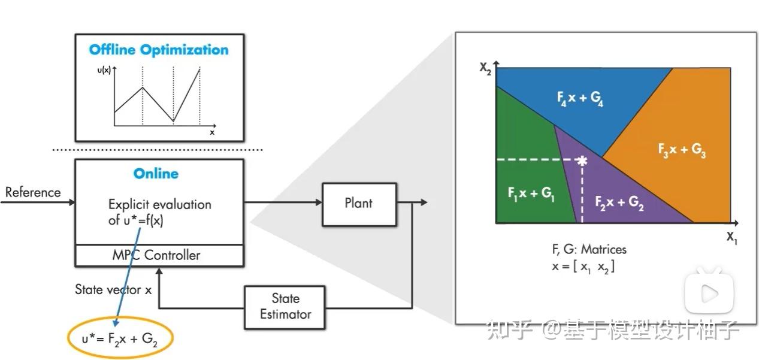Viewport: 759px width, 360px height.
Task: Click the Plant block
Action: point(359,204)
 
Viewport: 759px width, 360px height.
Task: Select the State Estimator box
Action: point(285,306)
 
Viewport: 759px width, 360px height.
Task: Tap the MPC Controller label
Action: point(156,255)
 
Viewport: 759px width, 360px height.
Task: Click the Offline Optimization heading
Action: point(159,50)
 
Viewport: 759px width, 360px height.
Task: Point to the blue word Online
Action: point(156,174)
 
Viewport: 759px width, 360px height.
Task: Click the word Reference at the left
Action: point(33,192)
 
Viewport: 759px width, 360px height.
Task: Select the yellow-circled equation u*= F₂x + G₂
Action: point(119,339)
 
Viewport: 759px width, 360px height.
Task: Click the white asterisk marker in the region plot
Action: point(581,160)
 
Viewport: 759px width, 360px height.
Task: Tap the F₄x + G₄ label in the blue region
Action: point(580,97)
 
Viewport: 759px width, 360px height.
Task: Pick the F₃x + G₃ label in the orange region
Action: point(682,150)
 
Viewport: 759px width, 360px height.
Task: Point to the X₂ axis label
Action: point(486,68)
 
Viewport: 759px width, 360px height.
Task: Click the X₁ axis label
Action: point(733,237)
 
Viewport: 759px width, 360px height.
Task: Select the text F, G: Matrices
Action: point(589,249)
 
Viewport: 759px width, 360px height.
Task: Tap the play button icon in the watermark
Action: point(709,293)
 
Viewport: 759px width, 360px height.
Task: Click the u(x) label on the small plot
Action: point(103,71)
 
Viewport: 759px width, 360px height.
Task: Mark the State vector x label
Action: point(113,289)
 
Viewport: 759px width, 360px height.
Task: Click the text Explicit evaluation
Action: point(159,204)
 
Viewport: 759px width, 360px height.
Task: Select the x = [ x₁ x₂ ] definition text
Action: point(583,267)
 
